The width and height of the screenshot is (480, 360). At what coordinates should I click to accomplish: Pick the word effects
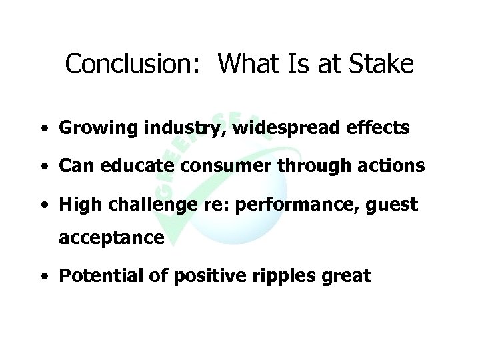coord(379,129)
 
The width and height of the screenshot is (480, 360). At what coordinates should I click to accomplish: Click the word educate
coord(127,166)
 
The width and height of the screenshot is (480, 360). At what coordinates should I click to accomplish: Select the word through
coord(309,166)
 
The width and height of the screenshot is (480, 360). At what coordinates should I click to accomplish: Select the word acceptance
coord(111,238)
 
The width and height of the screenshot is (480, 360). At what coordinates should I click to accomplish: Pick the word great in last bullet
coord(345,276)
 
